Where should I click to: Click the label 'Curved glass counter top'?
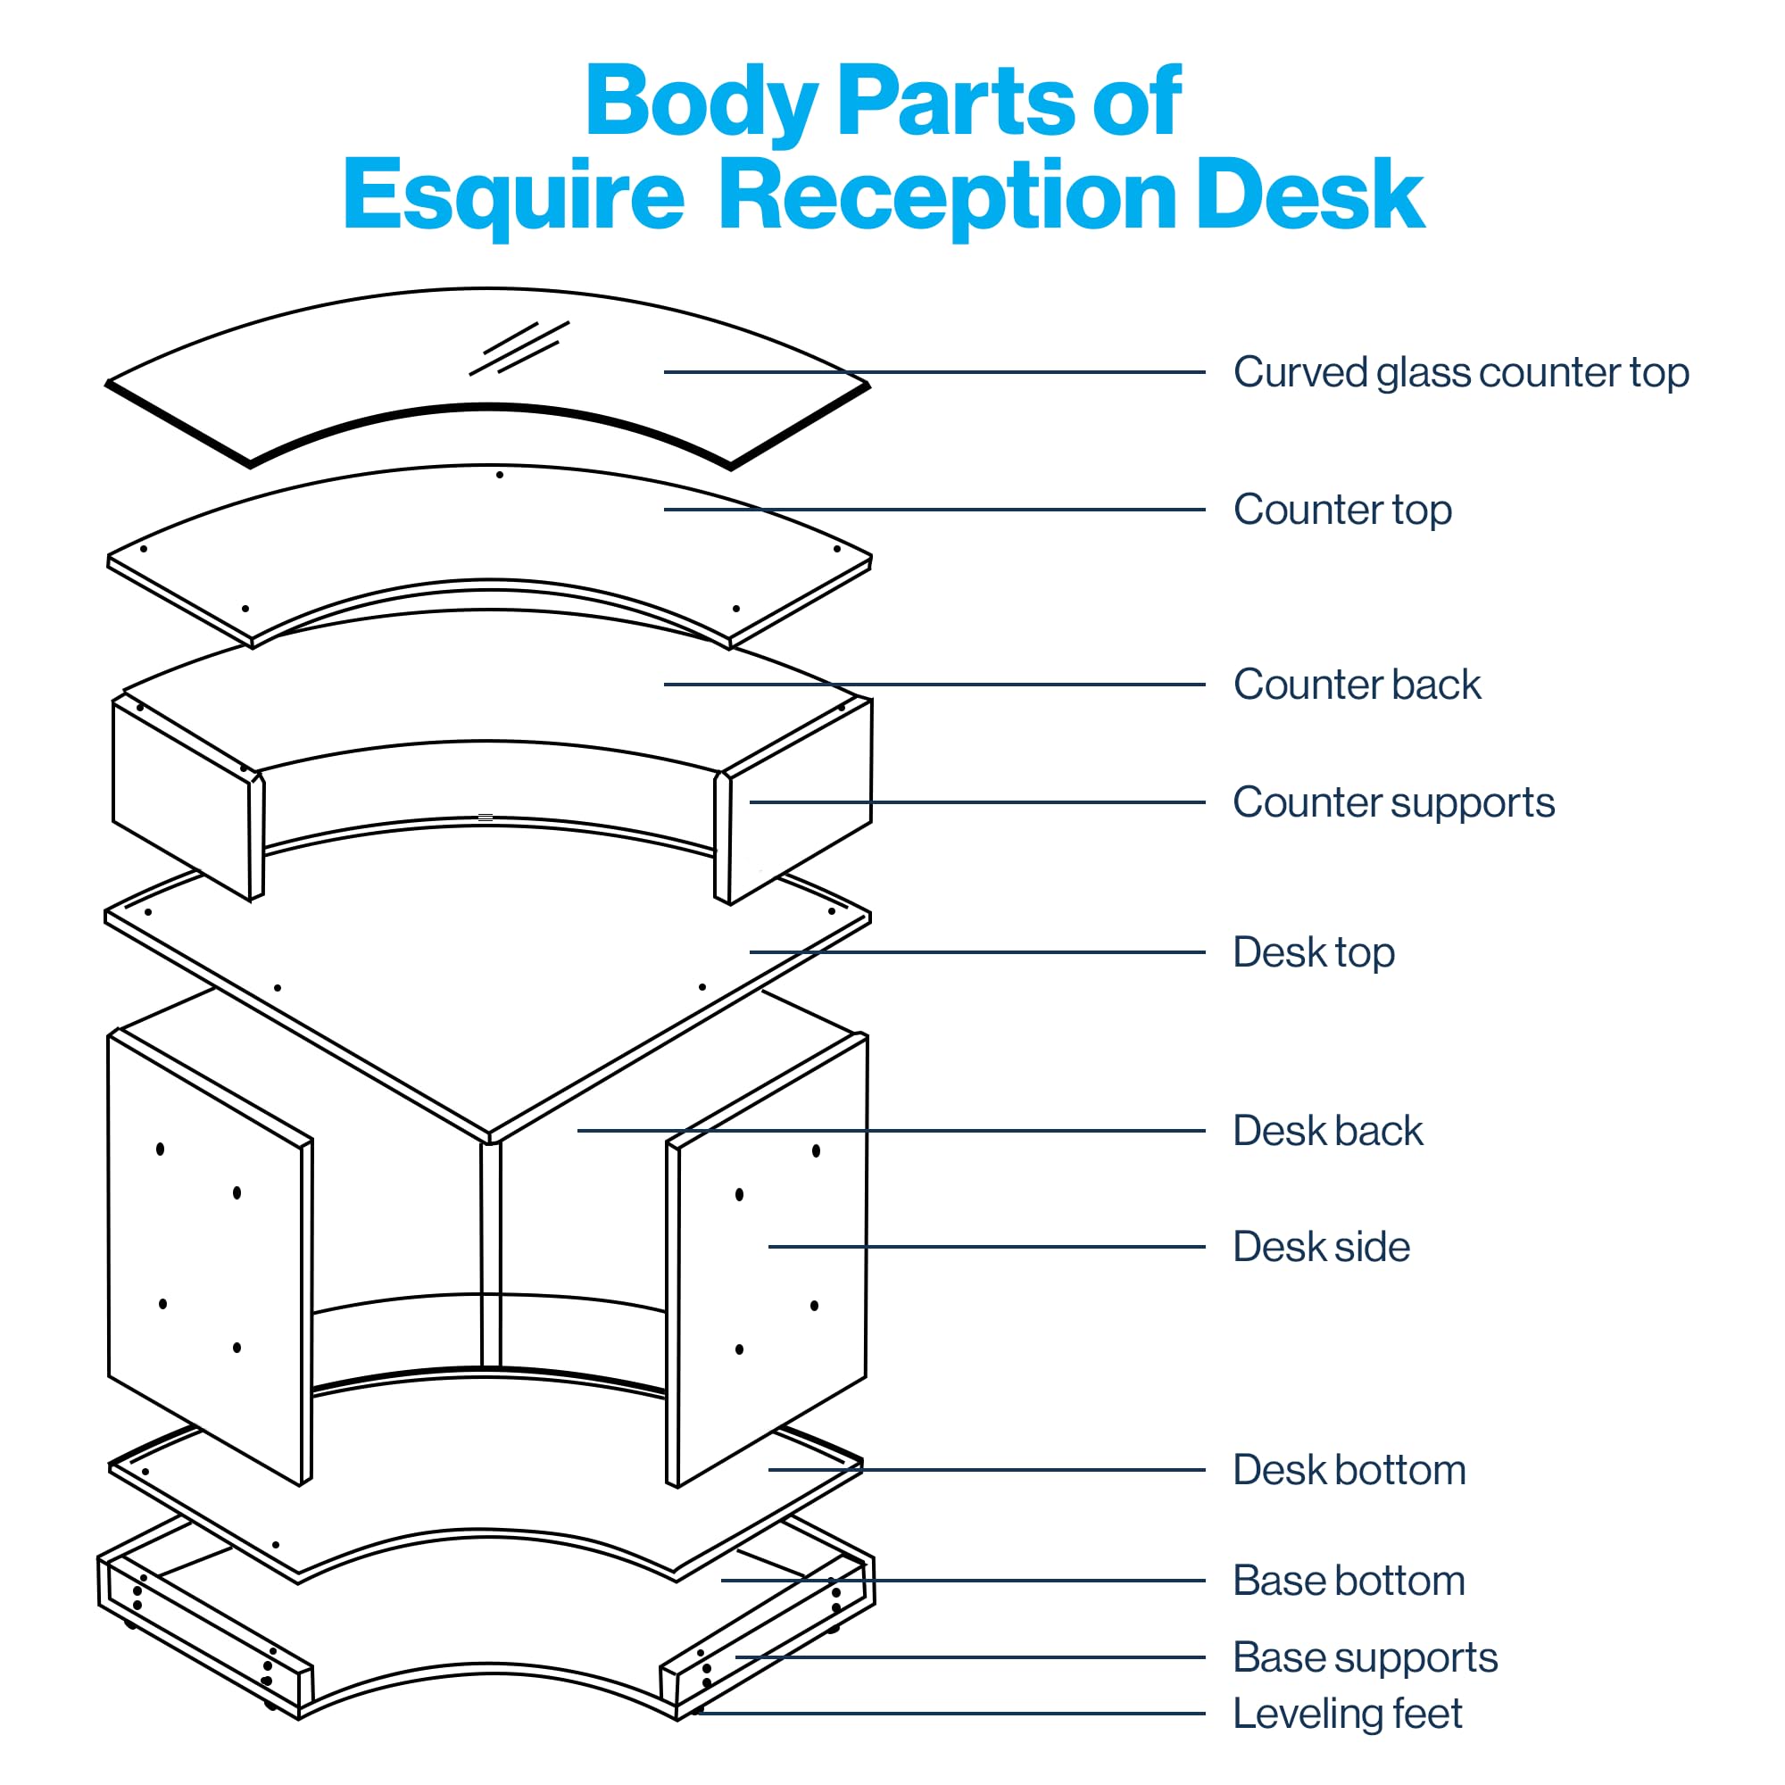[x=1461, y=373]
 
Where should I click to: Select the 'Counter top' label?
[x=1342, y=510]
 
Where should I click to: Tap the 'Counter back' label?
[x=1357, y=685]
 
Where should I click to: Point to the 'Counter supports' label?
[x=1393, y=802]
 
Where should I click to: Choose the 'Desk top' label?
[x=1313, y=952]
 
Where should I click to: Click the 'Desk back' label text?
[x=1328, y=1131]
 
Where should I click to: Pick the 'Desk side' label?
[x=1321, y=1248]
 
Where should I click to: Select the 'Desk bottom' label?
[x=1349, y=1470]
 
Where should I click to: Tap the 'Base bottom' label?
[x=1349, y=1581]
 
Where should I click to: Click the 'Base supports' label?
[x=1365, y=1657]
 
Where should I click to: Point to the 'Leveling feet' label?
[x=1347, y=1714]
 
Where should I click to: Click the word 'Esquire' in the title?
[x=514, y=195]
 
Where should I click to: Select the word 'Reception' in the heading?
[x=947, y=195]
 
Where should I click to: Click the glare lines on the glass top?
[x=519, y=348]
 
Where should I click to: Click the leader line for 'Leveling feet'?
[x=951, y=1714]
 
